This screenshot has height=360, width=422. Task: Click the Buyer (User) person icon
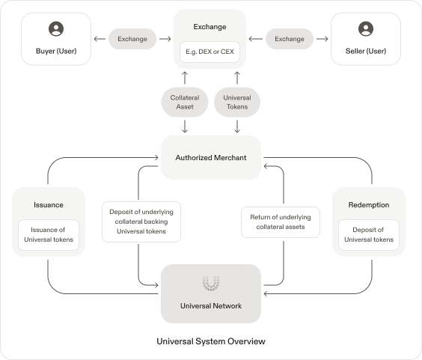coord(56,28)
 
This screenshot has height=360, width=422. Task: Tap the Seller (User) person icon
coord(366,28)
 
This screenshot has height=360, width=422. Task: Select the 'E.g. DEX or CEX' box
coord(210,52)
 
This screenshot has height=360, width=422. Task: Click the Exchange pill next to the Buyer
coord(132,39)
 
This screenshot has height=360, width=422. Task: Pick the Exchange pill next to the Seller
coord(290,39)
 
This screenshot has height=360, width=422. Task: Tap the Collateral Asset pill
coord(185,102)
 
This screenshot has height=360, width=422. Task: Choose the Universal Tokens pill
coord(237,102)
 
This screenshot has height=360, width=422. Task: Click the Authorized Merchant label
coord(211,157)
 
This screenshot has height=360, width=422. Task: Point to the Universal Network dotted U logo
coord(211,283)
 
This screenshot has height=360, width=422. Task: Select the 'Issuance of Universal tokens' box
coord(49,235)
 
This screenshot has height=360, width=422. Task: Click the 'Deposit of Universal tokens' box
coord(369,235)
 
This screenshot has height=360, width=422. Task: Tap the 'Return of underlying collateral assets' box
coord(281,222)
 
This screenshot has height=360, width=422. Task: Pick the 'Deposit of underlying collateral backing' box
coord(141,222)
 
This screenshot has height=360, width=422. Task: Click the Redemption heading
coord(369,205)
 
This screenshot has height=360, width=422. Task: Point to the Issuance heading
coord(49,205)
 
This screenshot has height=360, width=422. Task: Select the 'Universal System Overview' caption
coord(211,341)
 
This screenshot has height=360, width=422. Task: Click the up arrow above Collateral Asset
coord(185,78)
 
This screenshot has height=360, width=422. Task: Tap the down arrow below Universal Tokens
coord(237,126)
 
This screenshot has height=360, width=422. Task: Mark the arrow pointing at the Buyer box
coord(100,39)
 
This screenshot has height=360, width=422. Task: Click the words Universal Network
coord(211,306)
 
